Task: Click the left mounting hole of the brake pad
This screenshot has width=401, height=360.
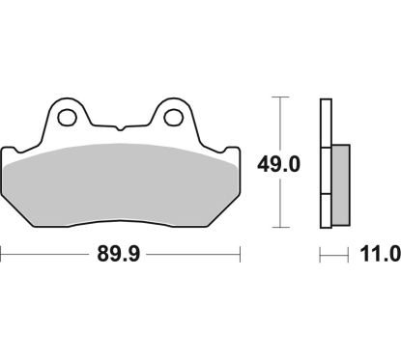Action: [67, 117]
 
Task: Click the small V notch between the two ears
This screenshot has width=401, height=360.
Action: [121, 128]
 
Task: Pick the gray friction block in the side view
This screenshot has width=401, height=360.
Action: [341, 181]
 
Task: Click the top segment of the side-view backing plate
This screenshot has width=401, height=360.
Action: [325, 122]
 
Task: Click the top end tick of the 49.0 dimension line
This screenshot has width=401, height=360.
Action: [280, 98]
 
